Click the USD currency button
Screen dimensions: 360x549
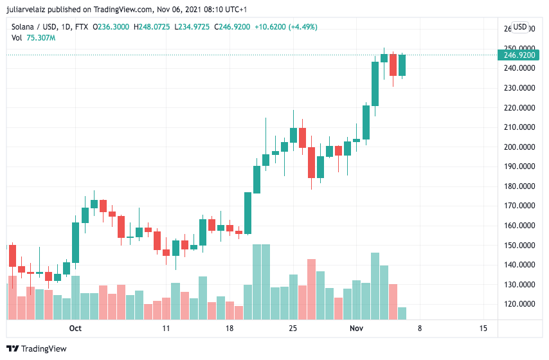point(519,27)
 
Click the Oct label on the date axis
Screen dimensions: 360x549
point(75,328)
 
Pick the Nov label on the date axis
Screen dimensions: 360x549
point(356,328)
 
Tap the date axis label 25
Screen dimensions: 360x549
point(292,328)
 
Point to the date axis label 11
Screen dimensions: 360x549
point(166,328)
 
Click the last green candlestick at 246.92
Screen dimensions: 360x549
point(402,65)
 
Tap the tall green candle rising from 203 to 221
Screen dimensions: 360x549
point(366,122)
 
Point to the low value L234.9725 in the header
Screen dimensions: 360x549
point(194,27)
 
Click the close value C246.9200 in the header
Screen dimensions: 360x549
point(234,27)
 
